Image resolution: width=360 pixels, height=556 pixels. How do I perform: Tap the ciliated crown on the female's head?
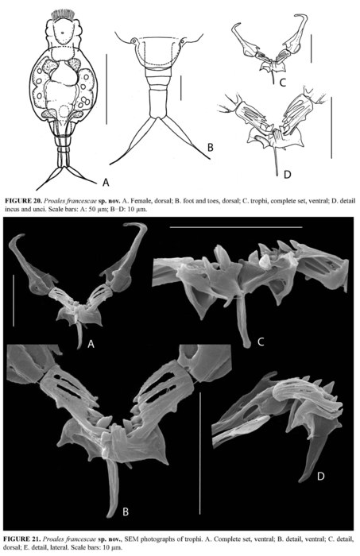(x=60, y=14)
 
